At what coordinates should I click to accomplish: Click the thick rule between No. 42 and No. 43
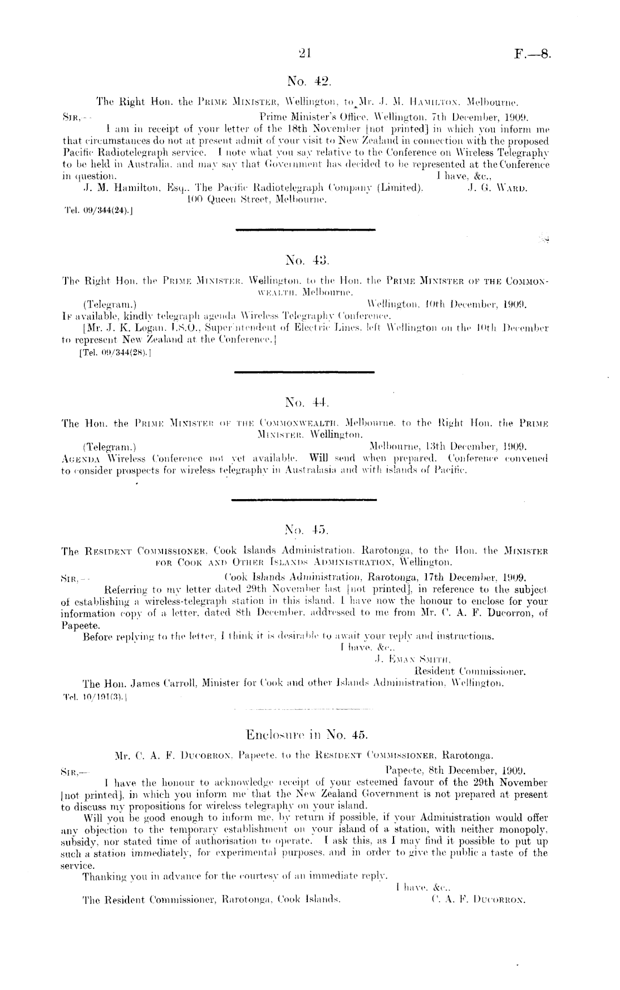306,230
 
